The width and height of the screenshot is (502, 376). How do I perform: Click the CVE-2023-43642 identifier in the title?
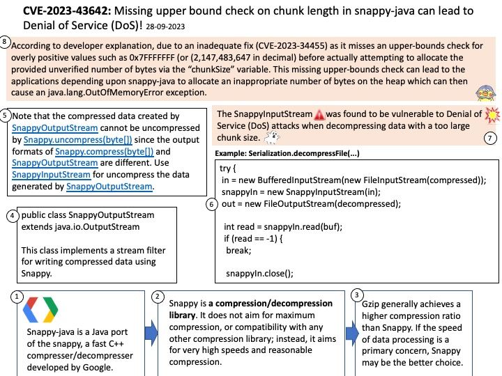pos(65,11)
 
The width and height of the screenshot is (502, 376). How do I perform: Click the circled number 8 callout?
pos(6,42)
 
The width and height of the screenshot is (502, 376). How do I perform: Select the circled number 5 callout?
pos(6,115)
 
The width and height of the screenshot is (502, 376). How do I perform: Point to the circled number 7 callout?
pos(490,138)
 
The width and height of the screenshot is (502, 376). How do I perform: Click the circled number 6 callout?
pos(212,205)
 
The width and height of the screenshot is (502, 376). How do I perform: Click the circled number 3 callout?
pos(357,295)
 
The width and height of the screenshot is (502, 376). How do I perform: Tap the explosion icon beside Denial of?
pos(491,114)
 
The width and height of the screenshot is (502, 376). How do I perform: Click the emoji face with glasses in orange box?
pos(485,94)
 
